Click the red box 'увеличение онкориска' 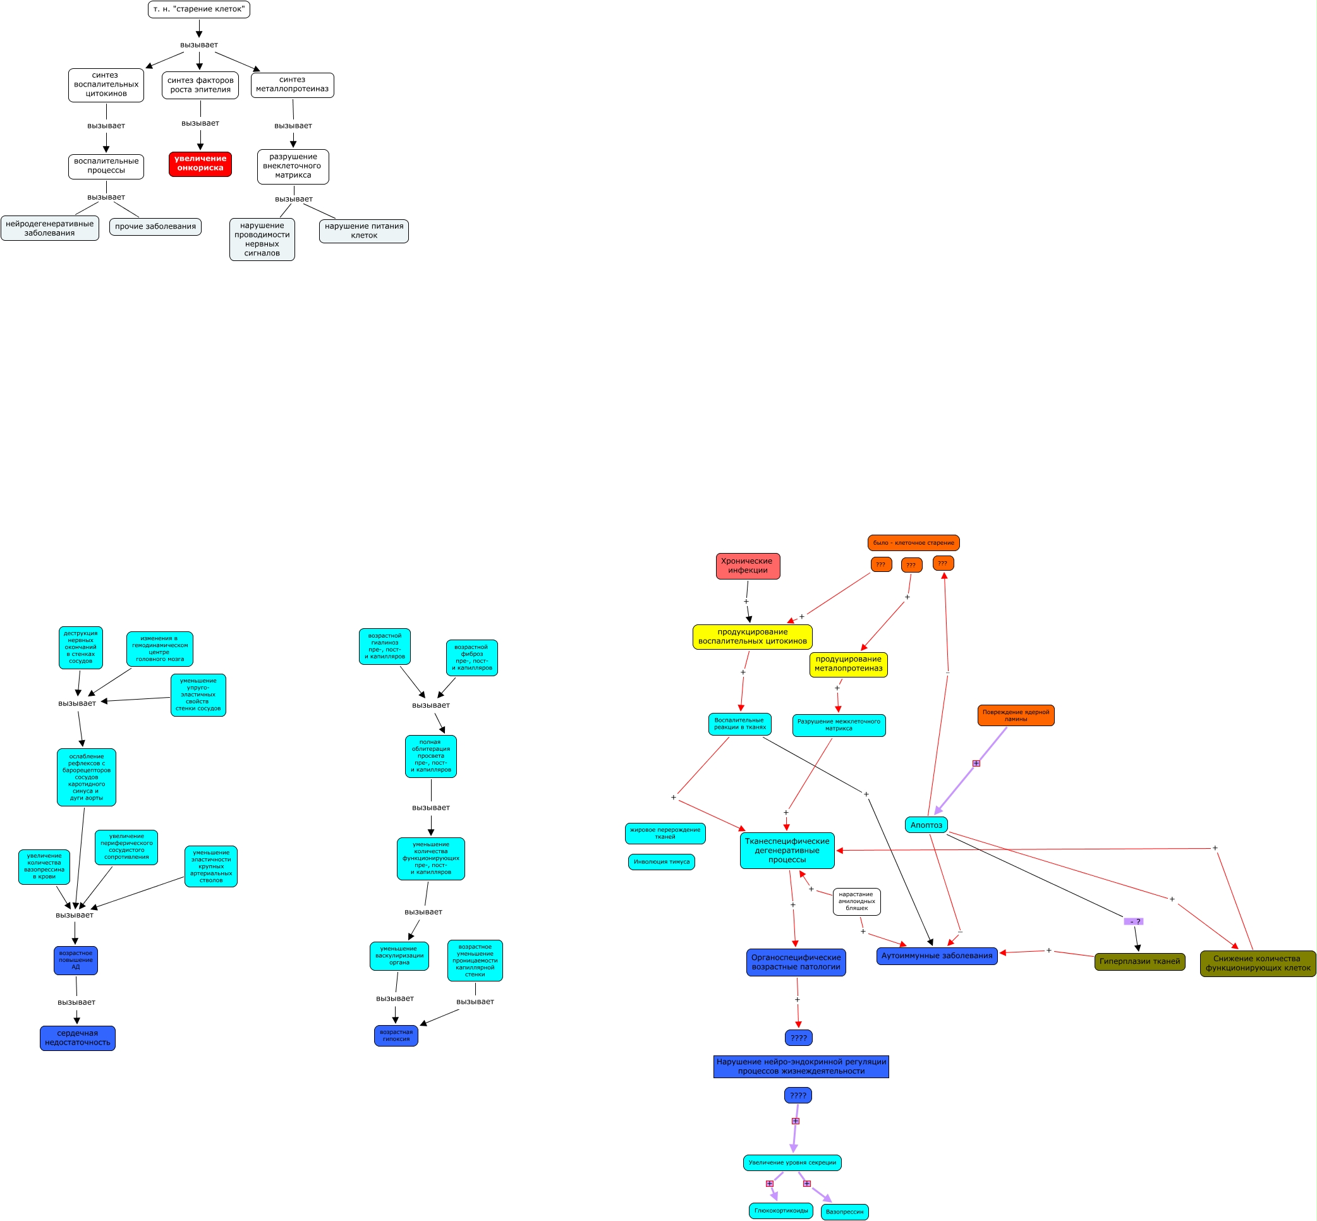click(200, 164)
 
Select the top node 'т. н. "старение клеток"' click(199, 9)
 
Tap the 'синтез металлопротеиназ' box click(292, 85)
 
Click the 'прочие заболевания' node click(155, 227)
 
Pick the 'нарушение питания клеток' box click(364, 231)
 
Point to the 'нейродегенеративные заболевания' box click(49, 229)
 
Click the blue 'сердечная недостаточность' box click(77, 1038)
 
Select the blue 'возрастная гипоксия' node click(396, 1035)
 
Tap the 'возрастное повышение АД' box click(75, 960)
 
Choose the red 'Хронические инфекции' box click(748, 566)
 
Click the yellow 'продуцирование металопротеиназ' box click(848, 664)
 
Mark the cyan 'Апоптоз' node click(926, 825)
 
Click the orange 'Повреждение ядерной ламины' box click(1016, 715)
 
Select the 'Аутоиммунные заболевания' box click(937, 956)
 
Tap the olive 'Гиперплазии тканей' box click(1139, 961)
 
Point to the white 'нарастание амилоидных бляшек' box click(856, 901)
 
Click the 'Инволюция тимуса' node click(662, 861)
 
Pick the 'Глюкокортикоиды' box click(781, 1210)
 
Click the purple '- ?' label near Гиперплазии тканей click(1134, 921)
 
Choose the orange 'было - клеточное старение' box click(913, 543)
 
